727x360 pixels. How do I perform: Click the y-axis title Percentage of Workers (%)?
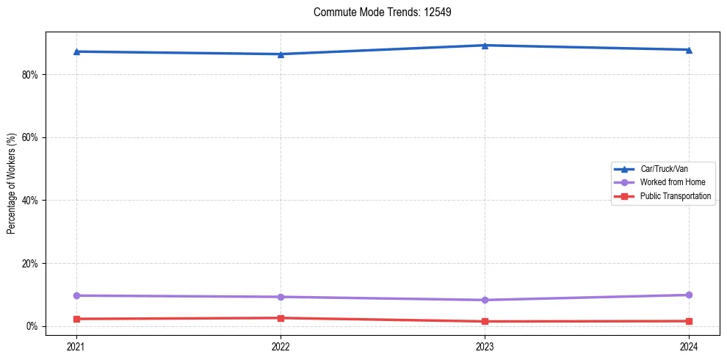(x=11, y=184)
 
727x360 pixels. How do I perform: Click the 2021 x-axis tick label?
(x=76, y=346)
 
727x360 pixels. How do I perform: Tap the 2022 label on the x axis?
(x=281, y=346)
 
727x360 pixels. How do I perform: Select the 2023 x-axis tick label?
(x=485, y=346)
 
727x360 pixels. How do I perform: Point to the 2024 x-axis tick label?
(x=689, y=346)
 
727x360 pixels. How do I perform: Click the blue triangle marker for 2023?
(x=485, y=46)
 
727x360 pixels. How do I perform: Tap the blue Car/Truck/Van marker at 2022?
(x=281, y=54)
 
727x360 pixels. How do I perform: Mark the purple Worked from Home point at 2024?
(x=689, y=295)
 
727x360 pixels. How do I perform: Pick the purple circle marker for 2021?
(x=76, y=295)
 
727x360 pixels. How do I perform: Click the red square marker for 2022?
(x=281, y=318)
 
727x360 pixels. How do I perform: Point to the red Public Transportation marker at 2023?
(x=485, y=321)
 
